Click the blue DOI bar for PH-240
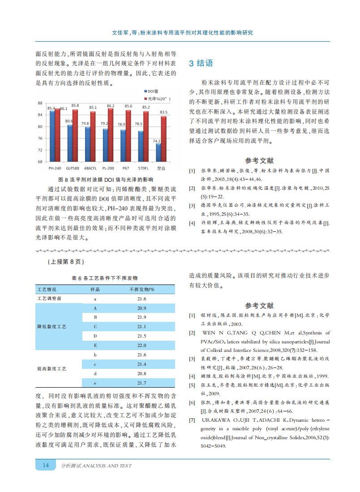click(52, 136)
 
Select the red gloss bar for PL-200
click(111, 135)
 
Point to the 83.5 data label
click(164, 112)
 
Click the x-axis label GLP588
click(73, 168)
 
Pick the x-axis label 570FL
click(143, 168)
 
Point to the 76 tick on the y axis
click(40, 138)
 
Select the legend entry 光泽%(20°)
click(159, 98)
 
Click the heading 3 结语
click(201, 63)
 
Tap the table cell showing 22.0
click(141, 345)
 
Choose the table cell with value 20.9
click(141, 308)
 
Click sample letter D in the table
click(95, 336)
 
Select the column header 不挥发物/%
click(141, 289)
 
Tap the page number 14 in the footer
click(46, 466)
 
